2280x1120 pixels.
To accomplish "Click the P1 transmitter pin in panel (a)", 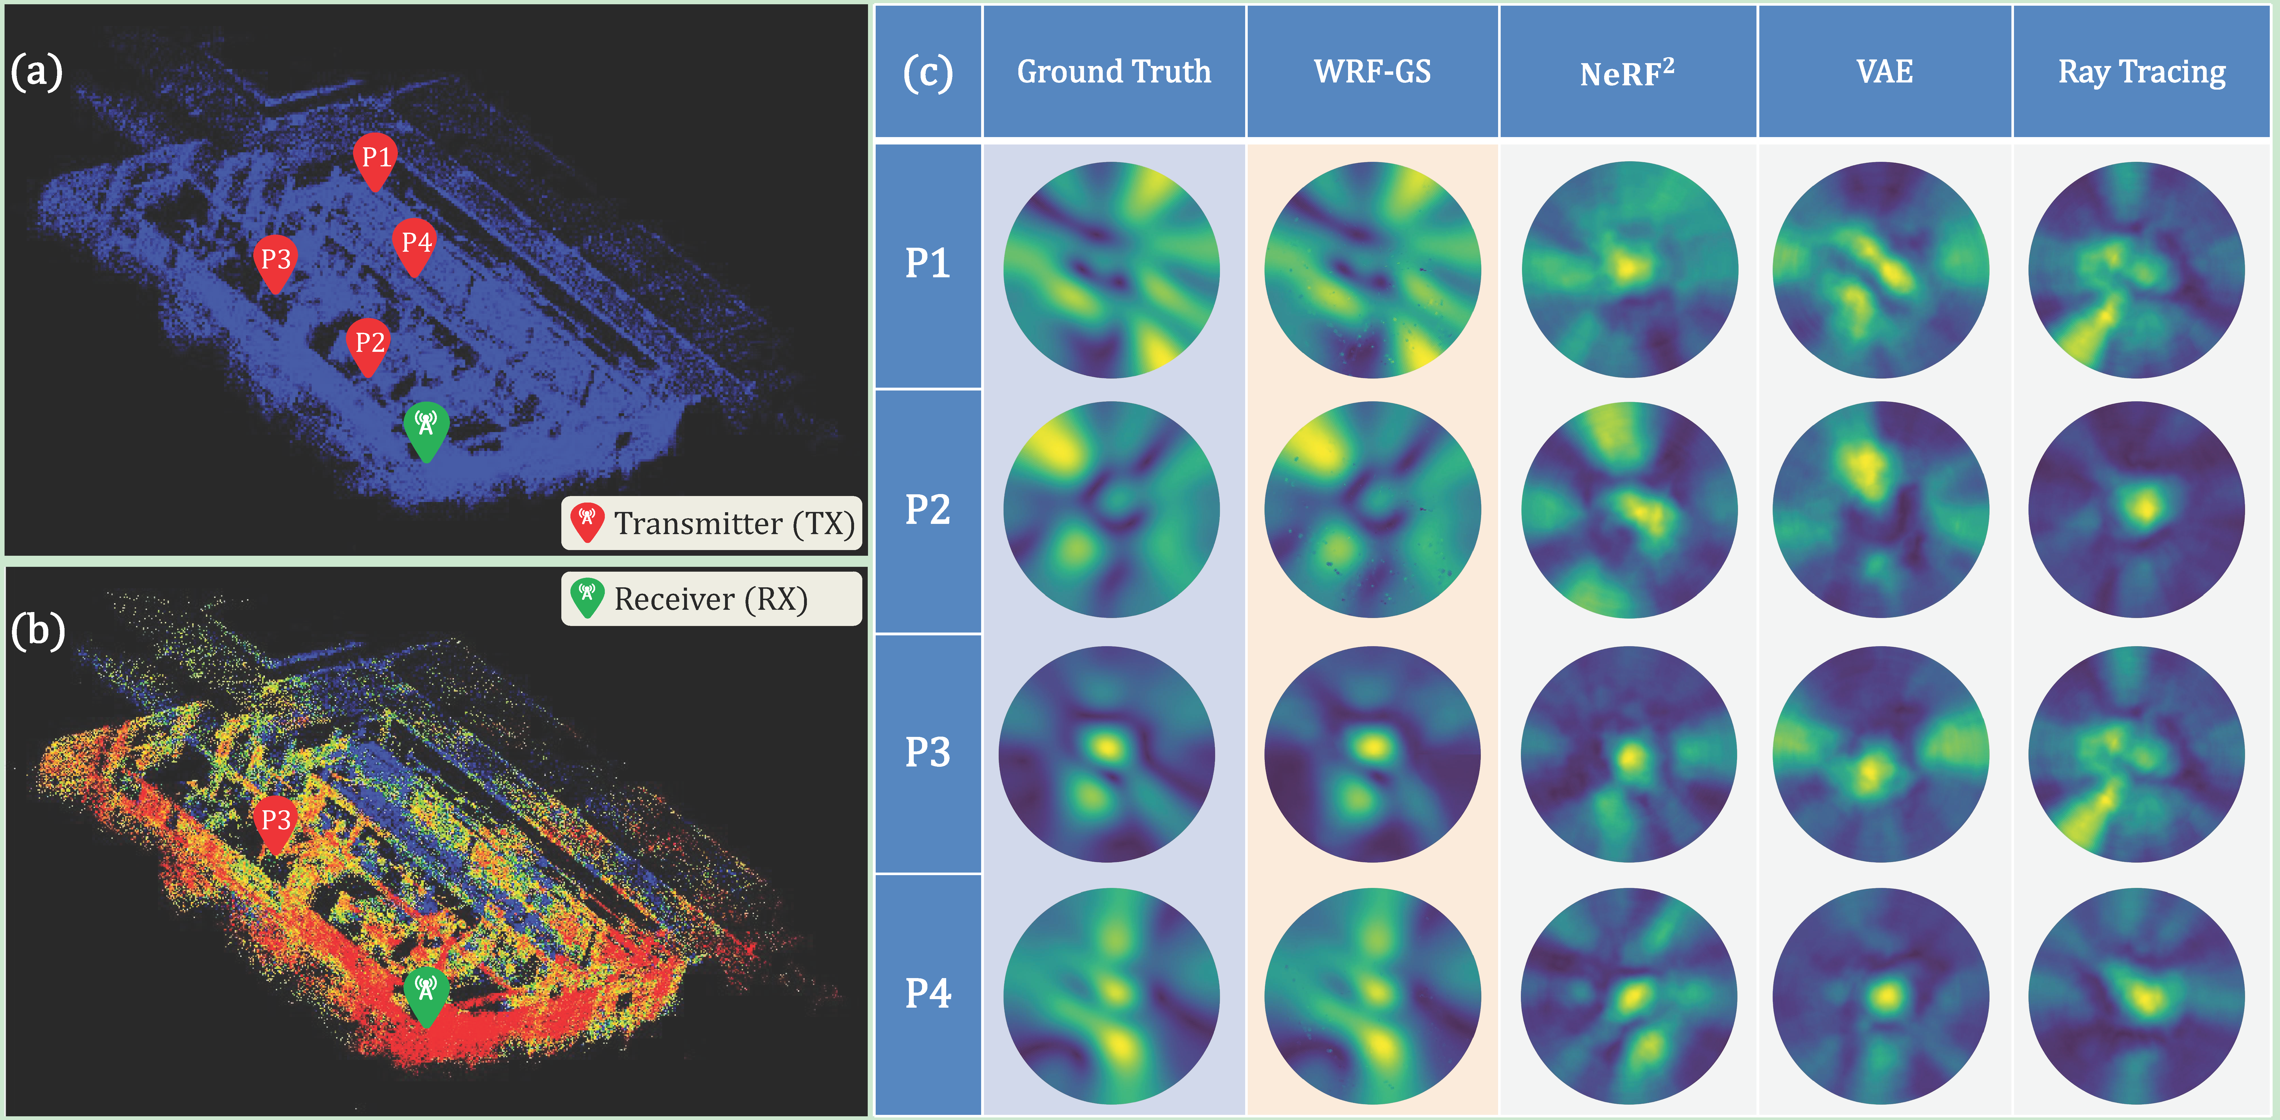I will click(x=375, y=159).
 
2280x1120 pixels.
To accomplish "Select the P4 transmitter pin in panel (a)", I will click(x=415, y=244).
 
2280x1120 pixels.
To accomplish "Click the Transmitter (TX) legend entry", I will click(x=712, y=523).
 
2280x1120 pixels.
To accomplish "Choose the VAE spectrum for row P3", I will click(x=1881, y=754).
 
